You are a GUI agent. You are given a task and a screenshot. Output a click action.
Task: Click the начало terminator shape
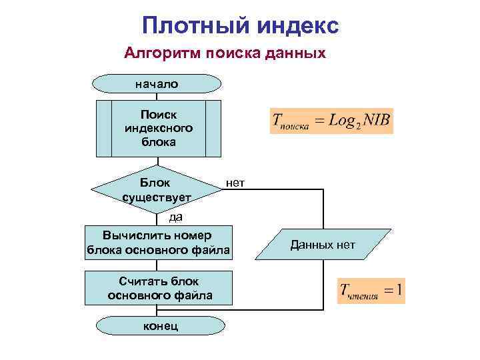click(x=157, y=84)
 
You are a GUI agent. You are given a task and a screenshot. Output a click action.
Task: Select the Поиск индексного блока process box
click(x=158, y=127)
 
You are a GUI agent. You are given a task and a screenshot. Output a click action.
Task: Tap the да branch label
click(x=175, y=216)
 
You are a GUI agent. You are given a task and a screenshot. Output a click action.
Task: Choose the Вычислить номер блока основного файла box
click(x=158, y=243)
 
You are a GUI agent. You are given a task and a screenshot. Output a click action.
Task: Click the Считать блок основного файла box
click(x=159, y=288)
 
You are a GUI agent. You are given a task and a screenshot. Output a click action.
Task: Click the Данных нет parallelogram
click(x=323, y=245)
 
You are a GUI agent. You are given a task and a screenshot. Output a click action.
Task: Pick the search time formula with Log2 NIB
click(x=331, y=121)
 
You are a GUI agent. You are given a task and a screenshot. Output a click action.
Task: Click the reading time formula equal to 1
click(x=371, y=291)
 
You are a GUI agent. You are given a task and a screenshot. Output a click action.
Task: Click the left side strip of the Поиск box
click(x=104, y=127)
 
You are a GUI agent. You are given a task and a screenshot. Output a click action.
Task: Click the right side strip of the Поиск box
click(x=213, y=127)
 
